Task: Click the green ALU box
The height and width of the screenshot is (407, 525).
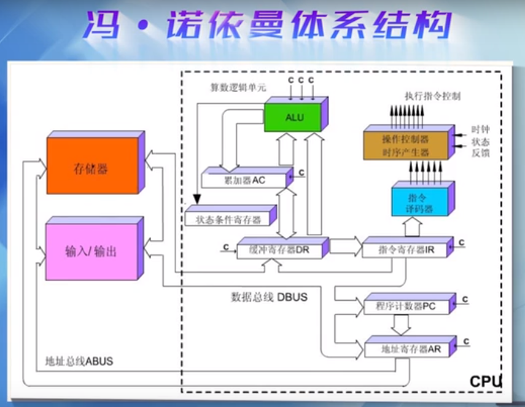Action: [294, 117]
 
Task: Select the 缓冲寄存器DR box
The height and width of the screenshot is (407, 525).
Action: [279, 250]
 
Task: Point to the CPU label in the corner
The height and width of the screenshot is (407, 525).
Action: [485, 381]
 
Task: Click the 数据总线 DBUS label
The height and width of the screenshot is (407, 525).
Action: [269, 297]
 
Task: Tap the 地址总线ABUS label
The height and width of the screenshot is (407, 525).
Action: [80, 362]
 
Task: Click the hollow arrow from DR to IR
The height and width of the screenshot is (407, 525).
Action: [346, 247]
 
